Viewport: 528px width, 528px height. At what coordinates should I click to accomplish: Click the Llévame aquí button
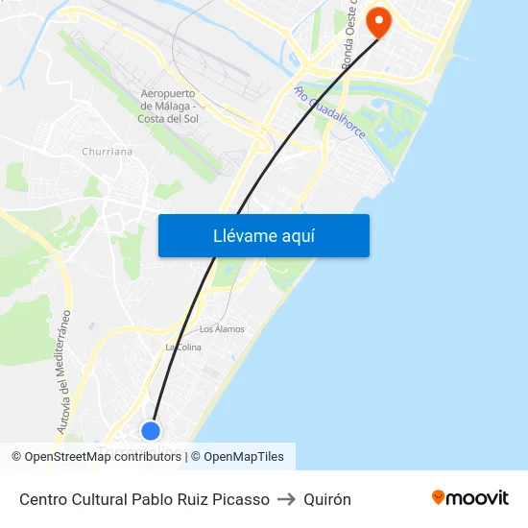(263, 235)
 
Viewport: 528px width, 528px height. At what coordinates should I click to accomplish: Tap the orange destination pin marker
(379, 20)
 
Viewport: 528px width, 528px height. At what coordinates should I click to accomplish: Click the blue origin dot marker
(151, 430)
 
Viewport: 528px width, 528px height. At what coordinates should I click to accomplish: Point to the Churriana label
(108, 151)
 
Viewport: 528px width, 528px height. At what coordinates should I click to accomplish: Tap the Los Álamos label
(222, 328)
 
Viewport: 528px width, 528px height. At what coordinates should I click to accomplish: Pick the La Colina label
(182, 347)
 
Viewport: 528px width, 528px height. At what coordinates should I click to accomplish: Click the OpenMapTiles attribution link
(244, 457)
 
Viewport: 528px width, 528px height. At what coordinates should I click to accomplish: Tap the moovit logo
(470, 497)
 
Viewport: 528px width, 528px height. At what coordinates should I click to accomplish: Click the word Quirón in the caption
(327, 499)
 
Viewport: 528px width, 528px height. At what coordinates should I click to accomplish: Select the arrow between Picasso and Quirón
(286, 499)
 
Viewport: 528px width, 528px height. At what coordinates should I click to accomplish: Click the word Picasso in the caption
(239, 499)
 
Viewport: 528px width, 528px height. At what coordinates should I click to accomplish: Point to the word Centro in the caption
(44, 499)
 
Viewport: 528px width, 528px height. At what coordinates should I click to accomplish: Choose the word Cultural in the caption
(104, 499)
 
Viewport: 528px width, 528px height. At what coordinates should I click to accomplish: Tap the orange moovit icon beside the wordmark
(439, 497)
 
